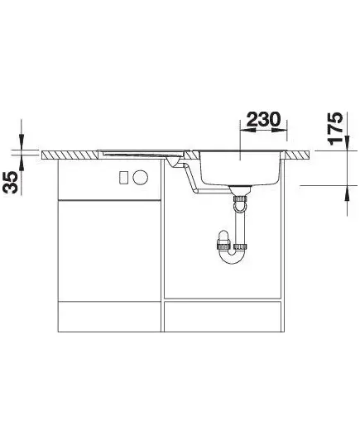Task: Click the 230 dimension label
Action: tap(263, 119)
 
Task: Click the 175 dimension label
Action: tap(335, 128)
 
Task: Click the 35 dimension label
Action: tap(10, 183)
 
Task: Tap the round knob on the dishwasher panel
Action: tap(141, 178)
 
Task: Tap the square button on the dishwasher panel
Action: tap(124, 178)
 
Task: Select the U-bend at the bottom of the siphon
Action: tap(233, 256)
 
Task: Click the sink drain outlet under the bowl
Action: tap(240, 189)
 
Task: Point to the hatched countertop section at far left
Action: tap(70, 155)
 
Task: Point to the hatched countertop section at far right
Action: tap(298, 155)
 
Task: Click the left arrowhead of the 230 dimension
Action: tap(247, 131)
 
